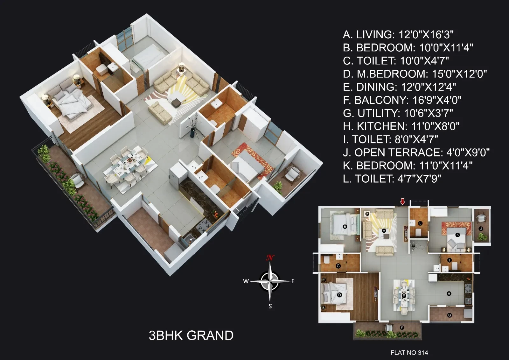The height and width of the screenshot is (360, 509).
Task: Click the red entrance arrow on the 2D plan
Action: [x=402, y=201]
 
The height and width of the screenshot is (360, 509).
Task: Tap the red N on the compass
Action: [x=270, y=258]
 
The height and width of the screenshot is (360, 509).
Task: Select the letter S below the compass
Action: [x=270, y=306]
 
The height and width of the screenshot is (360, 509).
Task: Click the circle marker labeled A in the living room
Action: [x=384, y=230]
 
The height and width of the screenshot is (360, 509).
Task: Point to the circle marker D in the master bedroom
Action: [x=339, y=295]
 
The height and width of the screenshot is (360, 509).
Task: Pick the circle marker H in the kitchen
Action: [x=449, y=293]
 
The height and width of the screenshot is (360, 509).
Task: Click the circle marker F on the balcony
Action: [x=402, y=328]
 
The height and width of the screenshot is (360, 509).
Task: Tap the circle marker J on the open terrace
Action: [x=481, y=229]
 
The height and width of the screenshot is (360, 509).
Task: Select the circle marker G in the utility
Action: [x=449, y=315]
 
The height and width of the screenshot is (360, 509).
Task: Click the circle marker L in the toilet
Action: [x=420, y=223]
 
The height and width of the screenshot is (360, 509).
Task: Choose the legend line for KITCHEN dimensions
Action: [x=401, y=126]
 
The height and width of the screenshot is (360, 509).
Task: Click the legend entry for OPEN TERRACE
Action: [x=416, y=152]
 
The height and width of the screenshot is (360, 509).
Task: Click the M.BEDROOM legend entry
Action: [x=415, y=74]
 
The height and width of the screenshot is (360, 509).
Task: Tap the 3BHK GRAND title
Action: [x=191, y=335]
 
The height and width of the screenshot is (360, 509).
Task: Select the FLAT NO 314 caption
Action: [x=409, y=353]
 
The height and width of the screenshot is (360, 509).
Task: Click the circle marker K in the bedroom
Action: [x=458, y=235]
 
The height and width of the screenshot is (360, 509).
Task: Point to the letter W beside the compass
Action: [x=246, y=281]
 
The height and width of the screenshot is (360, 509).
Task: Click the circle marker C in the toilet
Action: [x=338, y=266]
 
